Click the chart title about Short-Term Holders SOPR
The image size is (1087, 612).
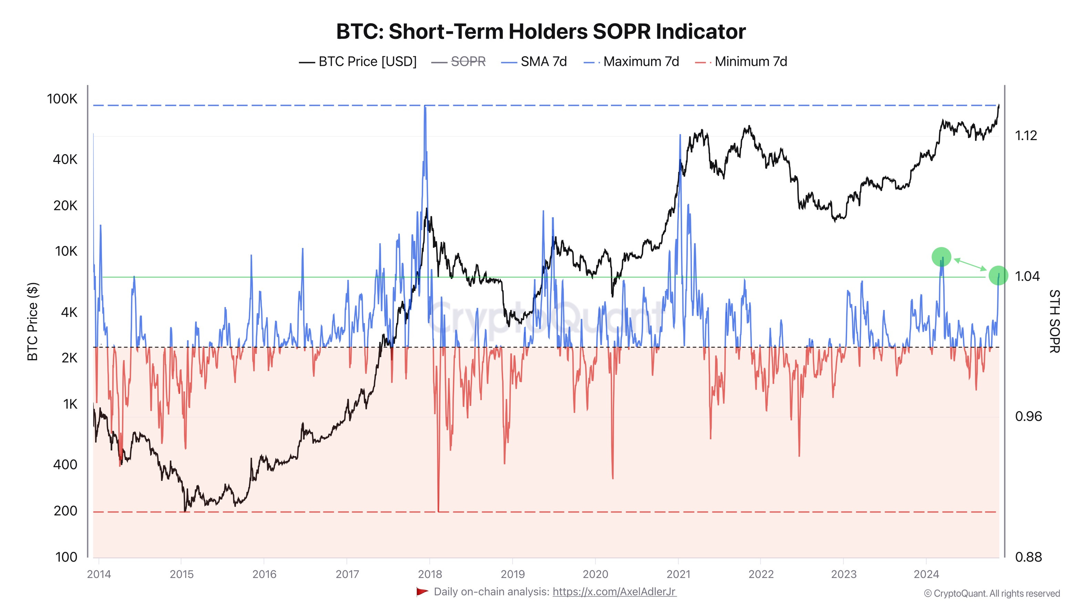tap(540, 32)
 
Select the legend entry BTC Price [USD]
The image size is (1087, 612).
tap(367, 62)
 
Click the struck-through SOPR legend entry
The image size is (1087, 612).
tap(468, 62)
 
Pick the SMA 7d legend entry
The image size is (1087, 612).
tap(543, 62)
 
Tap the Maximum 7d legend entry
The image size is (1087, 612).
tap(641, 62)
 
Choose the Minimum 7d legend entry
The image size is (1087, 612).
tap(750, 62)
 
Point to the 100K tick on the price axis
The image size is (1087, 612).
tap(62, 99)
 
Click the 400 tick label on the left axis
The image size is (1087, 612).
tap(65, 465)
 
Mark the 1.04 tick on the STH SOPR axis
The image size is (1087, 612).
tap(1026, 276)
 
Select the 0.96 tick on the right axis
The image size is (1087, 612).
tap(1028, 416)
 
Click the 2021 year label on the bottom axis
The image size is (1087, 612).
tap(678, 574)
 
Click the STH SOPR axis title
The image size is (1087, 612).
tap(1054, 321)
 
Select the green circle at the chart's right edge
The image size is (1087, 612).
tap(998, 275)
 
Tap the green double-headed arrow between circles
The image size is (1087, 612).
tap(970, 264)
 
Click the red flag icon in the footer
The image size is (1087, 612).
tap(422, 592)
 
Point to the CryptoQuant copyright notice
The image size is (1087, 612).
tap(992, 593)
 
